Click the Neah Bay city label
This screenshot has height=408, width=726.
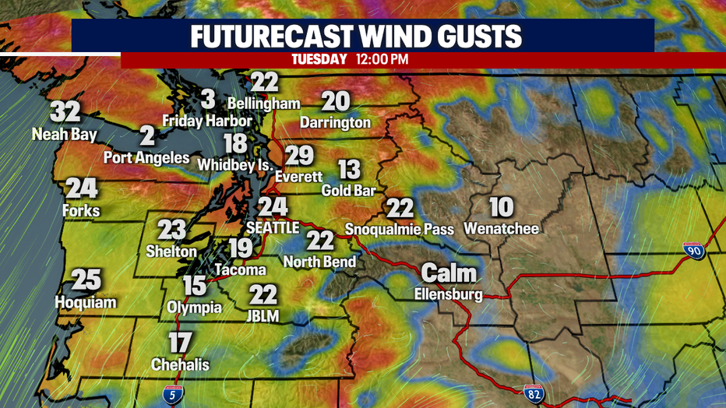65,135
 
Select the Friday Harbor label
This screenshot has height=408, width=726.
207,121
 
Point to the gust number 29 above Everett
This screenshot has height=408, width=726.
298,156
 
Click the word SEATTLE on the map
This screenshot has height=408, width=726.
272,228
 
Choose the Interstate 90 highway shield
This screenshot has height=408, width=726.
693,251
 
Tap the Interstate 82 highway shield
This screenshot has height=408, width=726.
534,395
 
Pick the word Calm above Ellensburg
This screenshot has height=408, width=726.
449,273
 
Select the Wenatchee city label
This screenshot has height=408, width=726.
501,228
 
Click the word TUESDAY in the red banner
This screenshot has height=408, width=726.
319,59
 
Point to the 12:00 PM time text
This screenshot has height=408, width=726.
382,59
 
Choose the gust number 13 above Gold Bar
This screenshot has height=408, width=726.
350,169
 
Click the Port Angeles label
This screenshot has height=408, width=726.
146,157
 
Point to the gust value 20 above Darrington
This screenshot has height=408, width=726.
336,101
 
